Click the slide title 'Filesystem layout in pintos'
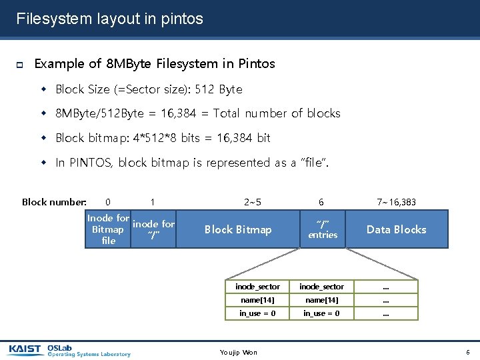[x=109, y=19]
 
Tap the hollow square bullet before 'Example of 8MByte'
[x=19, y=65]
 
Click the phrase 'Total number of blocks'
[x=277, y=113]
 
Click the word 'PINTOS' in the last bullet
[x=90, y=163]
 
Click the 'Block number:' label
[x=54, y=202]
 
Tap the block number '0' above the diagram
[x=108, y=202]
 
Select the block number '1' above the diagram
[x=153, y=202]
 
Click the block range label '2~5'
[x=253, y=202]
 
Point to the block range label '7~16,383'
[x=396, y=202]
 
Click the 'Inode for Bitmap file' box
[x=108, y=229]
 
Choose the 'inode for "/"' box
[x=154, y=229]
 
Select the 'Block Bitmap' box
[x=238, y=229]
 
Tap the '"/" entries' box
[x=323, y=229]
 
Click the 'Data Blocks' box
[x=396, y=229]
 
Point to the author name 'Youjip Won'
[x=238, y=352]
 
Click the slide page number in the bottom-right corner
[x=468, y=352]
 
